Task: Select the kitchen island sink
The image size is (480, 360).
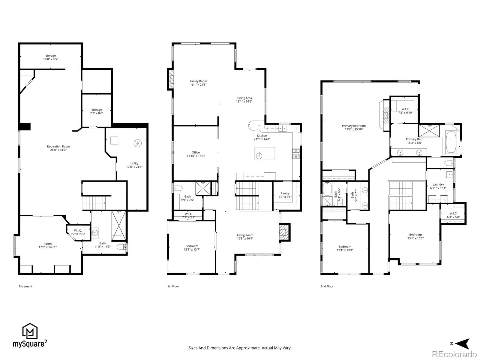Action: pos(259,156)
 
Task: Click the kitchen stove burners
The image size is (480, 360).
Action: pos(296,153)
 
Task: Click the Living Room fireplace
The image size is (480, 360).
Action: pos(284,232)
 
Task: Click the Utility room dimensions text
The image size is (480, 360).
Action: pos(134,167)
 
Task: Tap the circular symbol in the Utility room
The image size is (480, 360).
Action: pos(138,143)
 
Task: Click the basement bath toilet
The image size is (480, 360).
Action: pos(121,247)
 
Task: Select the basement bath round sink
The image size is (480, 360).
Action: pos(95,233)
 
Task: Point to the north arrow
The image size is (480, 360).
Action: pos(463,344)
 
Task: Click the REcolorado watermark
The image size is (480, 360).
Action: pos(454,354)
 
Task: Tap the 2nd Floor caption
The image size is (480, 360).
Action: pos(327,286)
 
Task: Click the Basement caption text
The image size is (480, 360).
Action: pos(25,286)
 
